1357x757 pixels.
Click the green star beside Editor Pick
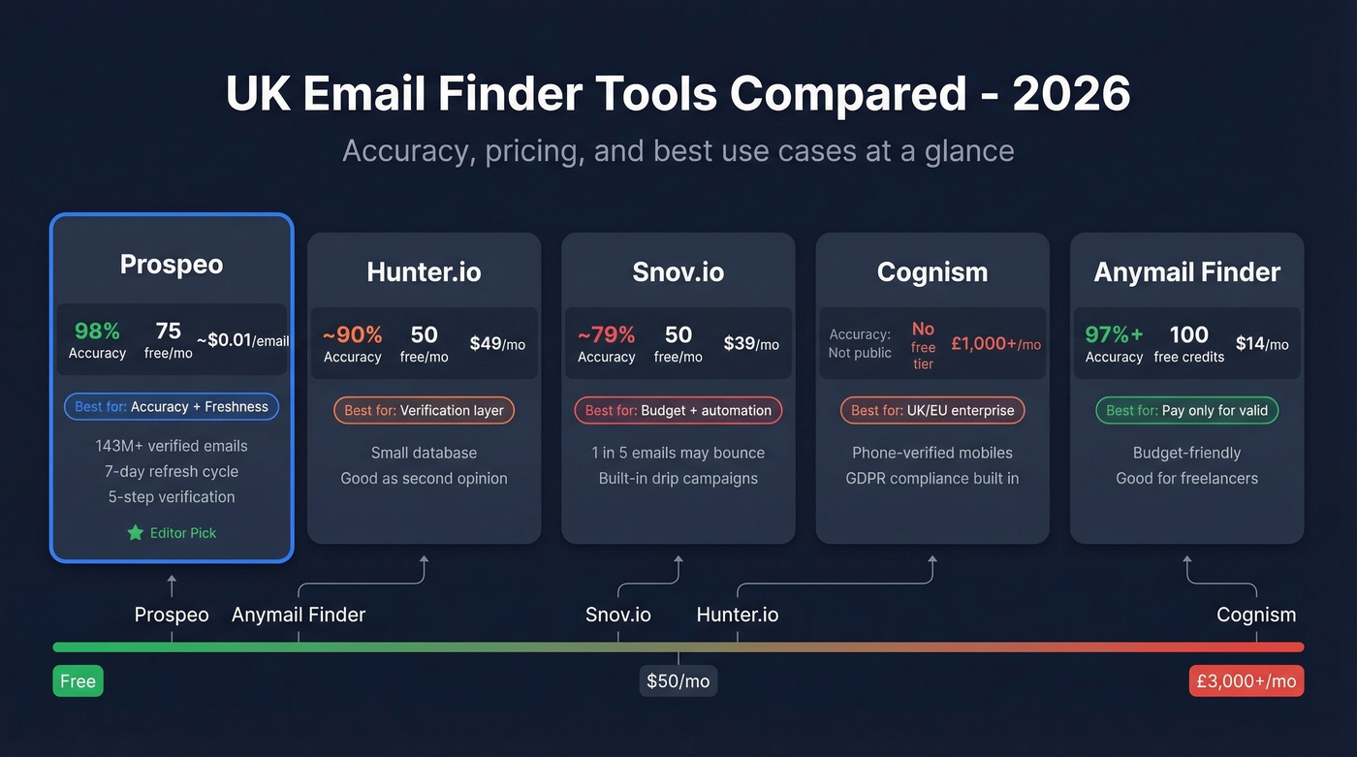(x=135, y=533)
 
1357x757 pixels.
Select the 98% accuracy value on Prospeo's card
(x=97, y=331)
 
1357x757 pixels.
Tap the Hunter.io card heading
(x=424, y=272)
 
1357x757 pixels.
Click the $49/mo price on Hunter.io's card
(x=497, y=343)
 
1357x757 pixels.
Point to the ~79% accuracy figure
(x=606, y=334)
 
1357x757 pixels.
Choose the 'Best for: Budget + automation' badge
(x=678, y=410)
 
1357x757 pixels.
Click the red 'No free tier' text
(x=923, y=346)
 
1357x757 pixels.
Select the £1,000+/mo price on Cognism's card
(x=995, y=343)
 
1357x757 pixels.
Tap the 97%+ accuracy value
(x=1114, y=334)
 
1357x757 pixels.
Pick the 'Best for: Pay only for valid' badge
(x=1186, y=410)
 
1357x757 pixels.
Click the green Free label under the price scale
(x=78, y=681)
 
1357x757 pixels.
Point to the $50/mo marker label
(x=678, y=681)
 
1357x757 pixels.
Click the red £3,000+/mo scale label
(x=1246, y=681)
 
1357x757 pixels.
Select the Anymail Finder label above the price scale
(x=299, y=615)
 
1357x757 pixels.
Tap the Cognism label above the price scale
(x=1256, y=615)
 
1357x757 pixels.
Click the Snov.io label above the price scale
(x=618, y=615)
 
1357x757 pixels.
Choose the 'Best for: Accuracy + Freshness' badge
(x=172, y=406)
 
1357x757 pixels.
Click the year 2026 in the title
(x=1071, y=94)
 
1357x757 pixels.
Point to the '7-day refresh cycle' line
(x=172, y=471)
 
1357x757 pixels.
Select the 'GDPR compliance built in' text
(x=931, y=478)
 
